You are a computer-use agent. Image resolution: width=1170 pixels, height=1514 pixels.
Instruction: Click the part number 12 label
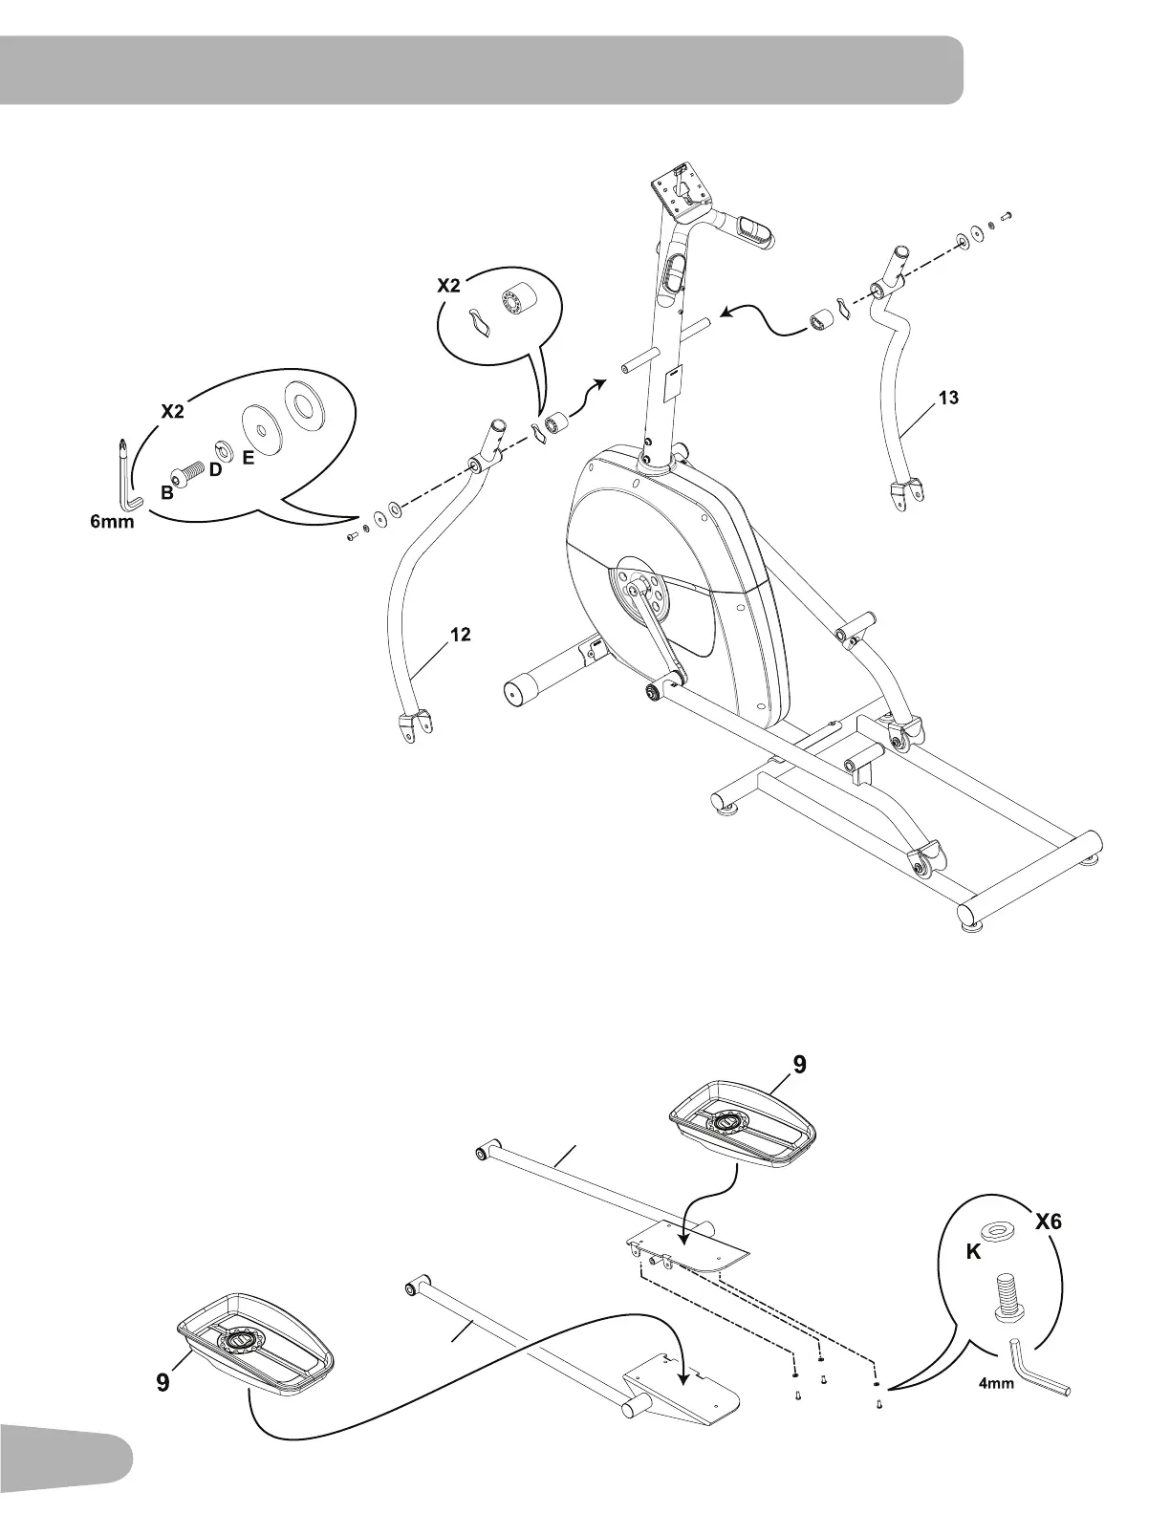(x=460, y=635)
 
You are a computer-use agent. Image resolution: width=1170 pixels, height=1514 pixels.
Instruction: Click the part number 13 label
(x=948, y=399)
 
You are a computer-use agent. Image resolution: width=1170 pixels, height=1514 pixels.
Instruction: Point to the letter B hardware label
(x=166, y=494)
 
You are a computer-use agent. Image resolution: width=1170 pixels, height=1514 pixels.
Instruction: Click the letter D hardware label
(x=215, y=470)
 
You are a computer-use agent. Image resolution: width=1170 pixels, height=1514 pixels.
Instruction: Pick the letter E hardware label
(x=248, y=458)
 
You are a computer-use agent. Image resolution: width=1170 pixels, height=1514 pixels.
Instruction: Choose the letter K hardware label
(x=973, y=1254)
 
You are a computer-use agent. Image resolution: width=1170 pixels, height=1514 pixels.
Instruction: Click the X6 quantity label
(x=1048, y=1222)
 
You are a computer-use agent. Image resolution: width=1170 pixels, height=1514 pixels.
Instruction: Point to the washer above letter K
(x=1000, y=1228)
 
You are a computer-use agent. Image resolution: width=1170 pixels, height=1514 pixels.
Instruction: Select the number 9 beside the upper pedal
(x=799, y=1064)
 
